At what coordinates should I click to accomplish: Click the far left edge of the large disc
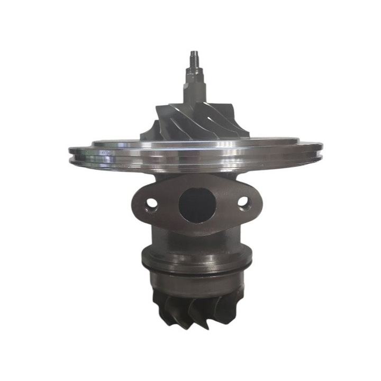pos(71,154)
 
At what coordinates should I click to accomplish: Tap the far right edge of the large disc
pos(321,149)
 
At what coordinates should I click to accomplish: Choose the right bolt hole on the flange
pos(243,202)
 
